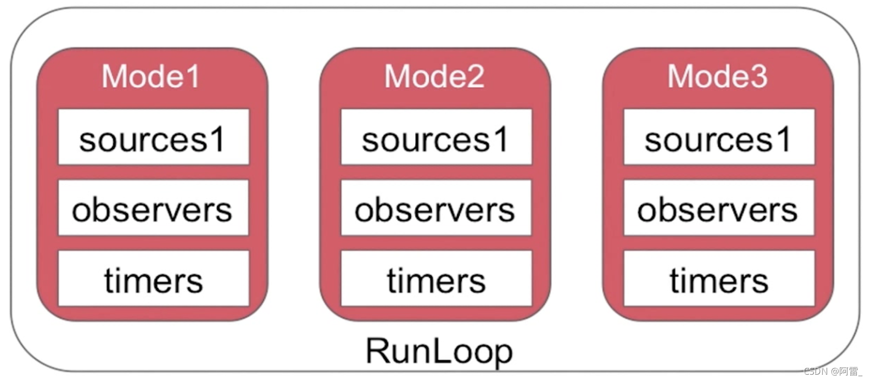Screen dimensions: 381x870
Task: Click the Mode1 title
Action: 151,77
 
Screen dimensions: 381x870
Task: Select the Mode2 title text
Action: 434,77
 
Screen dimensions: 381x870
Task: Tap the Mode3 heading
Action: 717,77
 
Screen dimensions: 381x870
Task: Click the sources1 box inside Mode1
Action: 153,138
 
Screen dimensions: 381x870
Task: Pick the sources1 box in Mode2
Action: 436,138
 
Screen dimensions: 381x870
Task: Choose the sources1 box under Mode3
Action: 719,138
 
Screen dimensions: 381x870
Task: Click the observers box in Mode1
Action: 153,208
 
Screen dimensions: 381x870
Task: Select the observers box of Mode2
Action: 436,208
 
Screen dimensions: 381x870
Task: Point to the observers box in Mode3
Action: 719,208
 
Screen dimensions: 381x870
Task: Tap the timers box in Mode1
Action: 153,279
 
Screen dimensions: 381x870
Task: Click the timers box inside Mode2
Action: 436,279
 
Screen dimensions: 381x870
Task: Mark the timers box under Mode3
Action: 719,279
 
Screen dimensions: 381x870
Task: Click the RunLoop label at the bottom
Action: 439,351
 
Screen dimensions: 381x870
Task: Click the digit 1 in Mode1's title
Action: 193,77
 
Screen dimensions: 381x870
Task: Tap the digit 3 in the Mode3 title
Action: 758,77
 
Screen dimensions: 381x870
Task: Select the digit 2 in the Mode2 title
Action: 475,77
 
